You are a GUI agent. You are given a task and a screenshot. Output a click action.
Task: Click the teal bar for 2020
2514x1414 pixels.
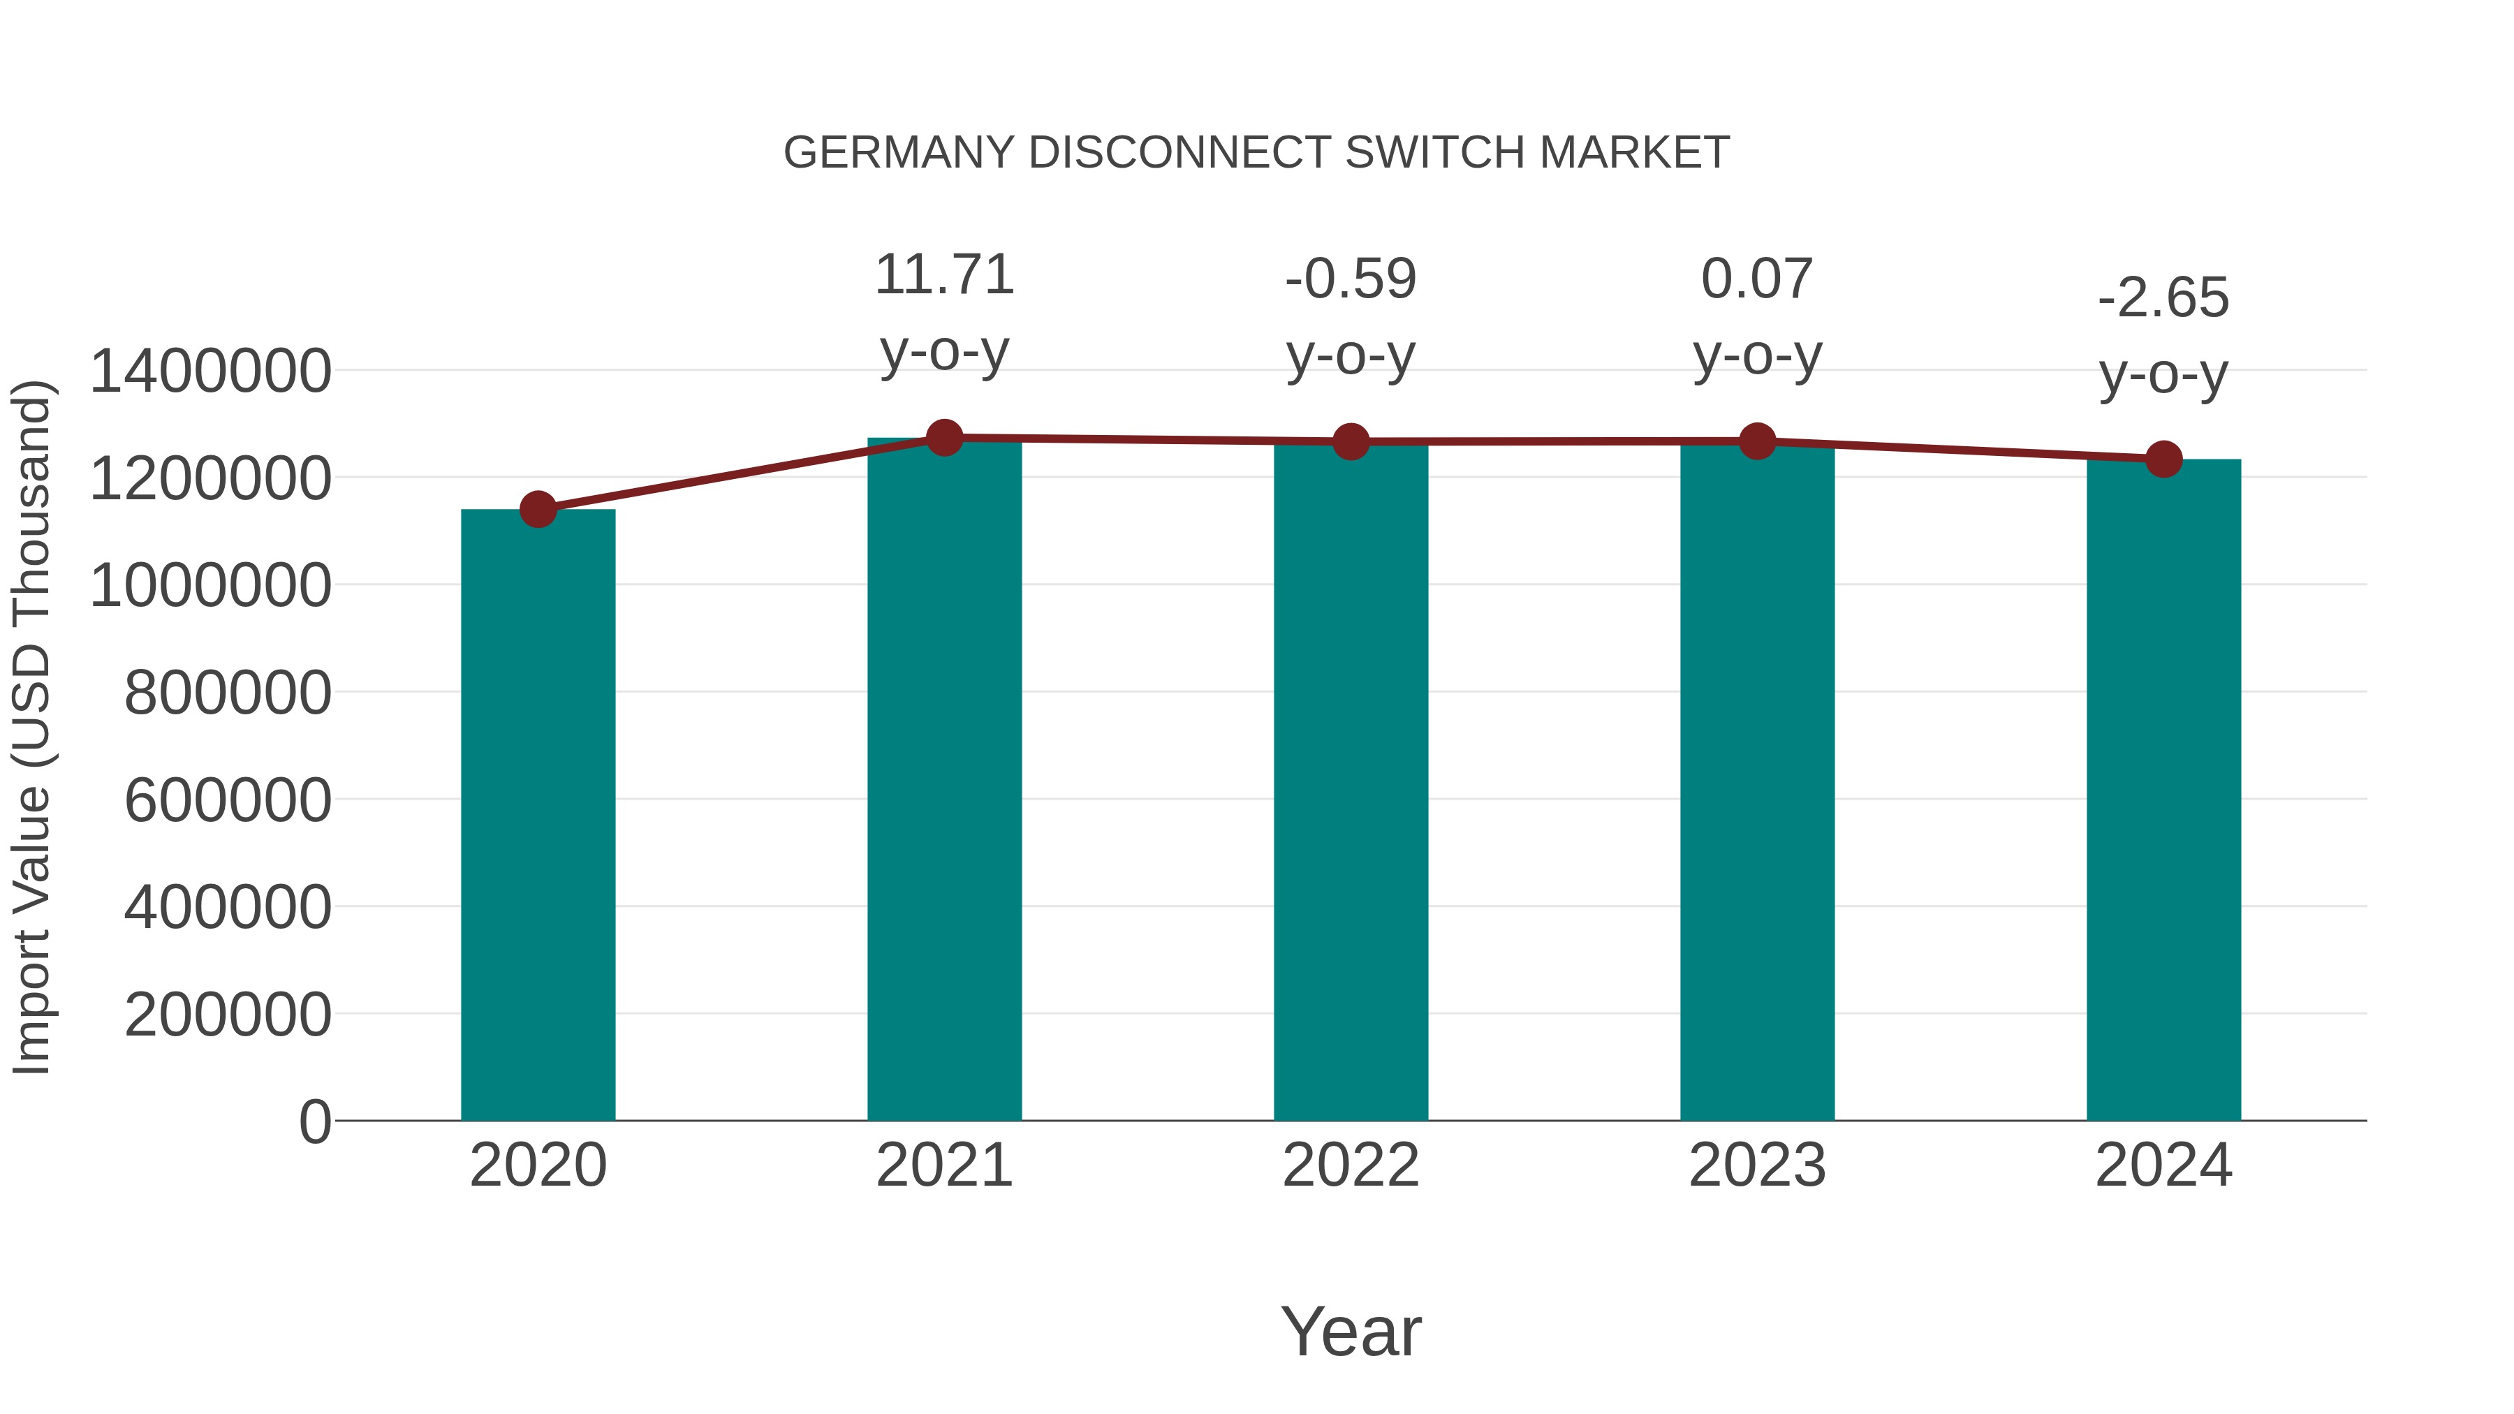538,815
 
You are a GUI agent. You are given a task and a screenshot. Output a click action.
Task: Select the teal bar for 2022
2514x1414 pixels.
1351,781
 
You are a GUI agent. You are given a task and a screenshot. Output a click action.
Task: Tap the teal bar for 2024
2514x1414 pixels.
2163,790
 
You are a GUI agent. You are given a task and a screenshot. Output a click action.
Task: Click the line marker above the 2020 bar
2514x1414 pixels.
538,508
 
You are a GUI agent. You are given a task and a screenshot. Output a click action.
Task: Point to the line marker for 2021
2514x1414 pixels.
943,438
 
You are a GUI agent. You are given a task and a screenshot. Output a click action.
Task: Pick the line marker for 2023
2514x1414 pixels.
1757,441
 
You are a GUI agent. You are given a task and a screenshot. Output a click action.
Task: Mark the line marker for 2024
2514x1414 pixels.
2163,459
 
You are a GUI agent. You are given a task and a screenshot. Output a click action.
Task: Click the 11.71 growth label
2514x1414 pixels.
943,275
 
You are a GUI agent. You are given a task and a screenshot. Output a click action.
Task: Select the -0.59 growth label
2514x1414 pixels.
1351,279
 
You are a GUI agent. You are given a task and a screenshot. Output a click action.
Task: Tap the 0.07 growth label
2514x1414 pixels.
1757,279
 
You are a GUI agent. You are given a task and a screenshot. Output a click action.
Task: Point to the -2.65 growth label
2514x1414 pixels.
2163,299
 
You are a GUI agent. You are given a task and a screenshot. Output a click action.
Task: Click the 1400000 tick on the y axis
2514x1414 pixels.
209,371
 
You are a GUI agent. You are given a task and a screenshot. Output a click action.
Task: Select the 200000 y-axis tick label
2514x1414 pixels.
228,1015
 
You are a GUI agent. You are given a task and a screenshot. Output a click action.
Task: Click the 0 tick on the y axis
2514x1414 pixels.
314,1121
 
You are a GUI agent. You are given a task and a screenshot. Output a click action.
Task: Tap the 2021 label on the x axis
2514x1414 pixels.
943,1165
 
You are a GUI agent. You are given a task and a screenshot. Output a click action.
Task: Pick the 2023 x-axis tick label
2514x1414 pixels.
1757,1165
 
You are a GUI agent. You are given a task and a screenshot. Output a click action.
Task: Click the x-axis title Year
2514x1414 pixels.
1351,1331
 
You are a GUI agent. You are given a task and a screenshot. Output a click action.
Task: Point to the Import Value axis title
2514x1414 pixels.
31,727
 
